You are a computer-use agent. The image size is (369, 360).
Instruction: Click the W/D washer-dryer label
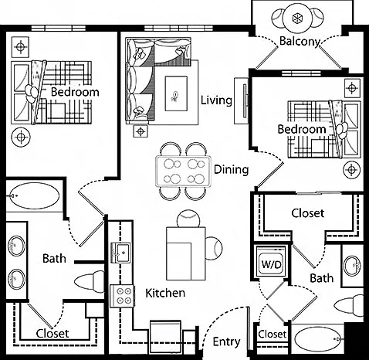pyautogui.click(x=271, y=264)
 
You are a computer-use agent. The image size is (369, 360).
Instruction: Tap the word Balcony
pyautogui.click(x=300, y=42)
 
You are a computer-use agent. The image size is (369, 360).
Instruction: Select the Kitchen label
pyautogui.click(x=165, y=293)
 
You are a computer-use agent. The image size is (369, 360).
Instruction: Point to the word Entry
pyautogui.click(x=226, y=342)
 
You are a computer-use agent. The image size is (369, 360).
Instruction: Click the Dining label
pyautogui.click(x=232, y=170)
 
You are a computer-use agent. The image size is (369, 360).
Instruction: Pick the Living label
pyautogui.click(x=216, y=100)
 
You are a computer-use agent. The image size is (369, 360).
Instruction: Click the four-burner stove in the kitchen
pyautogui.click(x=122, y=296)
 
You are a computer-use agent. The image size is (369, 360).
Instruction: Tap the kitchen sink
pyautogui.click(x=120, y=253)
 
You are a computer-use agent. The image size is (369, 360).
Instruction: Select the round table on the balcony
pyautogui.click(x=297, y=18)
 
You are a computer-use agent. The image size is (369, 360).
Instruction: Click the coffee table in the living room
pyautogui.click(x=176, y=93)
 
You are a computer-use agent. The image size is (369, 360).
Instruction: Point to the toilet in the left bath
pyautogui.click(x=89, y=281)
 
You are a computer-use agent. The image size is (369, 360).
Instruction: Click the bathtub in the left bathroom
pyautogui.click(x=34, y=195)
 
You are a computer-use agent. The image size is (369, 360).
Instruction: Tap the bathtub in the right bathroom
pyautogui.click(x=317, y=339)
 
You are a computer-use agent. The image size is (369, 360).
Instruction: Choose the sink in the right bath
pyautogui.click(x=353, y=266)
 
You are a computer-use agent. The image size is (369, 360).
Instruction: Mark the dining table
pyautogui.click(x=183, y=172)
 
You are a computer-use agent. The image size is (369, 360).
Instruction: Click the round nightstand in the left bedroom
pyautogui.click(x=21, y=138)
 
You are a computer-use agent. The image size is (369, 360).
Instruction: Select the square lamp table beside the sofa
pyautogui.click(x=140, y=131)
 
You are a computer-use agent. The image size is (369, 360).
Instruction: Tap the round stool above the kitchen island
pyautogui.click(x=188, y=219)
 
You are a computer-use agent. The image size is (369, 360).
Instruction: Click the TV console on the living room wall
pyautogui.click(x=241, y=101)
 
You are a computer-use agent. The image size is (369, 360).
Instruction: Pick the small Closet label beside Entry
pyautogui.click(x=273, y=334)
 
